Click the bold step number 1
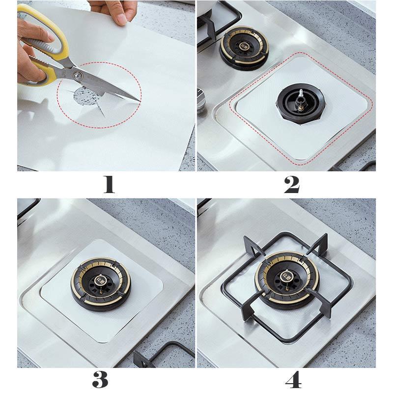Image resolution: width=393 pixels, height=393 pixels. point(109,185)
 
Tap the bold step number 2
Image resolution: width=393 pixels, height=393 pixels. point(291,185)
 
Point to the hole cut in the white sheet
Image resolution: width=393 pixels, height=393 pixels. point(84,97)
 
